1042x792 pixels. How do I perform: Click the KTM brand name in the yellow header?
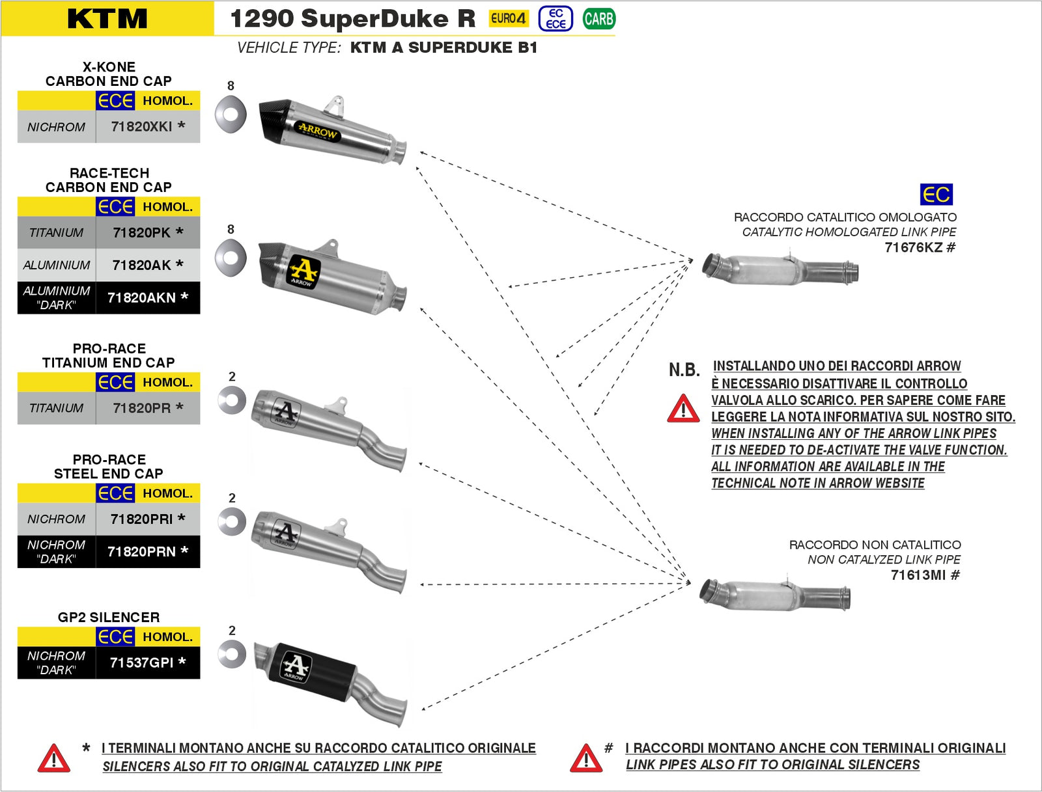(107, 18)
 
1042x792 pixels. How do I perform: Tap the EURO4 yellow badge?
(508, 18)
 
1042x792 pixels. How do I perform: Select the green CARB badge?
(598, 19)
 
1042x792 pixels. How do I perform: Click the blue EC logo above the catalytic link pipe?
(936, 194)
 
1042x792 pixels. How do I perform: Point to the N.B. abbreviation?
(684, 370)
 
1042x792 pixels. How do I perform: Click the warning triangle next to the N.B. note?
(683, 409)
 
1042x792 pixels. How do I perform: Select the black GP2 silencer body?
(313, 670)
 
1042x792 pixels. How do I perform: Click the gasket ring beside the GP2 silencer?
(232, 654)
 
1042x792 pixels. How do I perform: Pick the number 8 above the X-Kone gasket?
(231, 85)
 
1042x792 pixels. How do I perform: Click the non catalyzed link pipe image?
(775, 594)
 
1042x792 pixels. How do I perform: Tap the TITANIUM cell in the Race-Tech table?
(56, 232)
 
